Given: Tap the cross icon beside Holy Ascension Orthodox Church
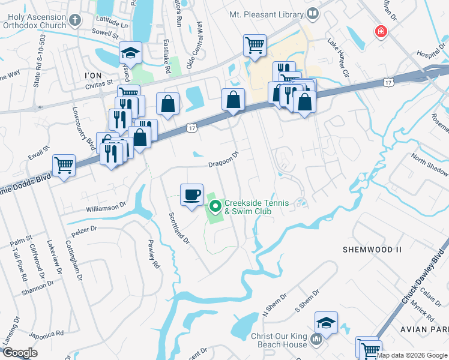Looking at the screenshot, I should click(74, 21).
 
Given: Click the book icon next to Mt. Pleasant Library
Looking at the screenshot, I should click(312, 13).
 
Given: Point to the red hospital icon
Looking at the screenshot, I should click(380, 31).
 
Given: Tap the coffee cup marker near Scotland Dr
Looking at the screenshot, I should click(191, 194).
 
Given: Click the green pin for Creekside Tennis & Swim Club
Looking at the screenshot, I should click(215, 208).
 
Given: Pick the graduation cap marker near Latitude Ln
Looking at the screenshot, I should click(130, 53).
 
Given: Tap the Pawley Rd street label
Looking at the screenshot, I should click(153, 254).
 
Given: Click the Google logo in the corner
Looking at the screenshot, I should click(20, 352).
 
